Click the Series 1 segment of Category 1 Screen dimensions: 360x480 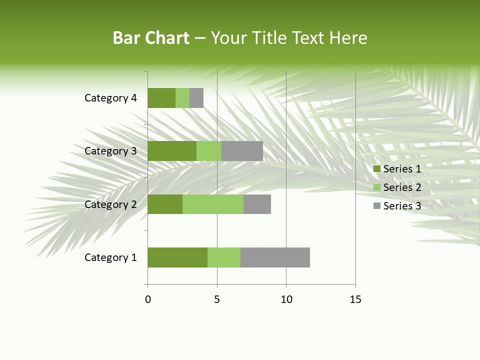177,257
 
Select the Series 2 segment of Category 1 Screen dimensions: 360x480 224,257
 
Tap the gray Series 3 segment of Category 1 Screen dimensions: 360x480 275,257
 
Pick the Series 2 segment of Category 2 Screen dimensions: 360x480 213,204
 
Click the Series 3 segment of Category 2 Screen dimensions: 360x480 257,204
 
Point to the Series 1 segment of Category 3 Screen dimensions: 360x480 172,151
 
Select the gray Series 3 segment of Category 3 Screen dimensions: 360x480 242,151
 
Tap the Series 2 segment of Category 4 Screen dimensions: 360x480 182,98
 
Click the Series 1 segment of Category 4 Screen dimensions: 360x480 161,98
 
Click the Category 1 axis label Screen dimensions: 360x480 110,257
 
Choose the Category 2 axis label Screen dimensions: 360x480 110,204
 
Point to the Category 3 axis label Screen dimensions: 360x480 110,151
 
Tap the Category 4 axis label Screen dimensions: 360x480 110,98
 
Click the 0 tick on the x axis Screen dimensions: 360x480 148,299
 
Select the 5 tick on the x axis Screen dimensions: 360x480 217,299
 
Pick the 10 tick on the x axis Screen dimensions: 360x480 286,299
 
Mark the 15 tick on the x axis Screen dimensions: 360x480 355,299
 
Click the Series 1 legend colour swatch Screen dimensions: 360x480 377,169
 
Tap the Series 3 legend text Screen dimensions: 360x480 402,206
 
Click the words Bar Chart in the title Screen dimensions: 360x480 151,38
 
